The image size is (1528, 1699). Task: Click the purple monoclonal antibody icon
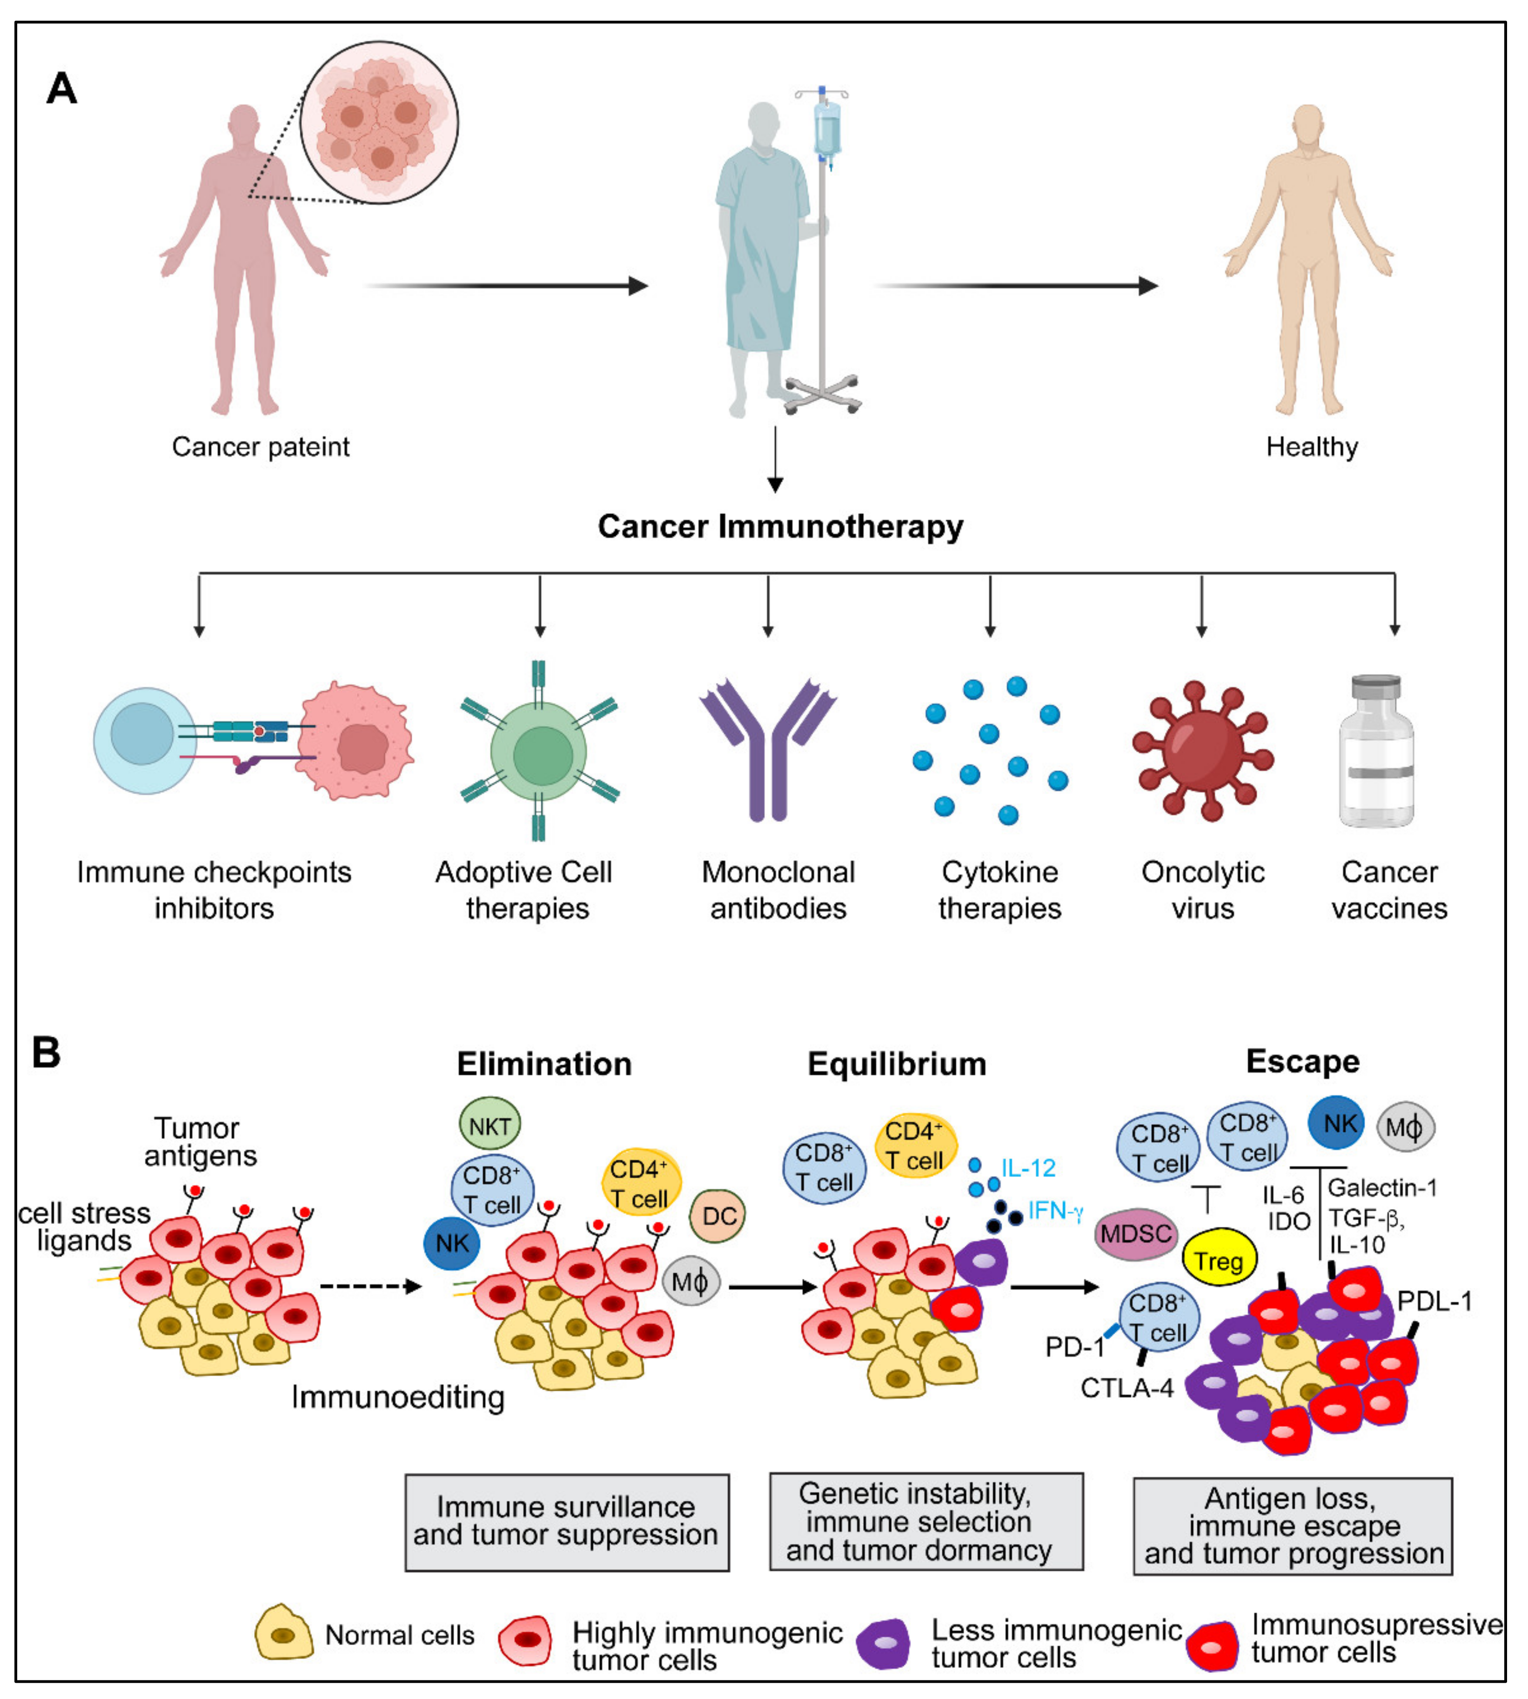coord(766,751)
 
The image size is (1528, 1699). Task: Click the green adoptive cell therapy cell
coord(542,753)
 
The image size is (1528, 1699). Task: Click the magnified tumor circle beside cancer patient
coord(380,122)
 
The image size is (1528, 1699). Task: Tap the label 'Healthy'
coord(1311,447)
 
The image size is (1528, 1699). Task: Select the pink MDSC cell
coord(1136,1234)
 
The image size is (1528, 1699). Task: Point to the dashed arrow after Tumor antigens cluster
coord(369,1286)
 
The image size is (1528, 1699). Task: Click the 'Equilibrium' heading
coord(897,1064)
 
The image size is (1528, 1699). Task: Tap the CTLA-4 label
coord(1126,1388)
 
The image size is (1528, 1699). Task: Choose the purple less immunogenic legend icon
coord(884,1643)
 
